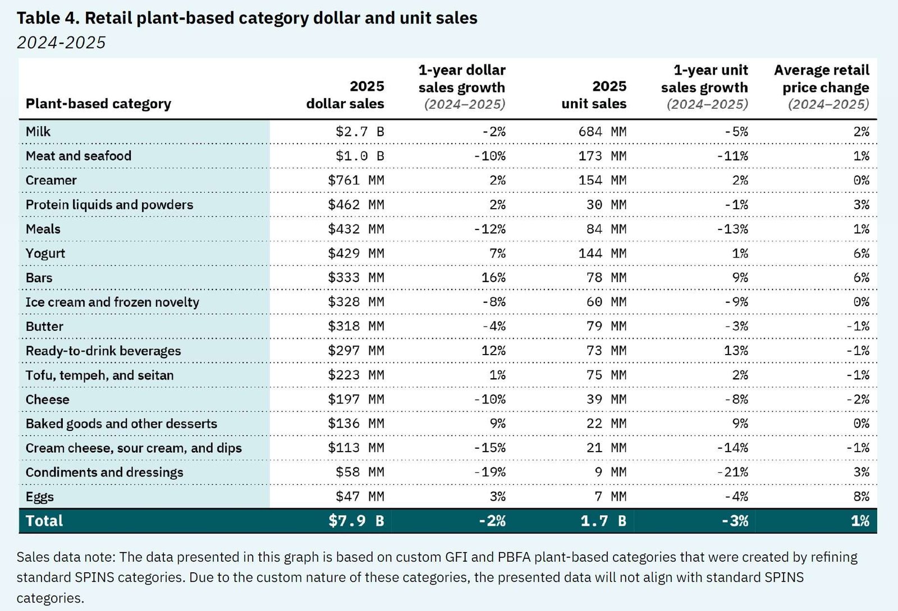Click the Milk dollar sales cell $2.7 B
pyautogui.click(x=360, y=132)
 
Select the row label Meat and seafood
pyautogui.click(x=79, y=156)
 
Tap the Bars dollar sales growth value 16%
pyautogui.click(x=493, y=278)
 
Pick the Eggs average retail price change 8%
pyautogui.click(x=860, y=497)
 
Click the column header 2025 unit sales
pyautogui.click(x=594, y=95)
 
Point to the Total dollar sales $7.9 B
pyautogui.click(x=356, y=521)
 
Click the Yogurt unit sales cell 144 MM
pyautogui.click(x=602, y=254)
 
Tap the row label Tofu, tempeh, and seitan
pyautogui.click(x=99, y=375)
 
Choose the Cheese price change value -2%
pyautogui.click(x=858, y=399)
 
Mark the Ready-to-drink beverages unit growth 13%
pyautogui.click(x=736, y=351)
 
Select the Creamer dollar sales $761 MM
pyautogui.click(x=356, y=181)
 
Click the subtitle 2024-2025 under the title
pyautogui.click(x=61, y=43)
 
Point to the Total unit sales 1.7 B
pyautogui.click(x=603, y=521)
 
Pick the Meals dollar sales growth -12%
pyautogui.click(x=489, y=229)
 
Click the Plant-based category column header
pyautogui.click(x=98, y=104)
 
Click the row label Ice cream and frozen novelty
pyautogui.click(x=112, y=302)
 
